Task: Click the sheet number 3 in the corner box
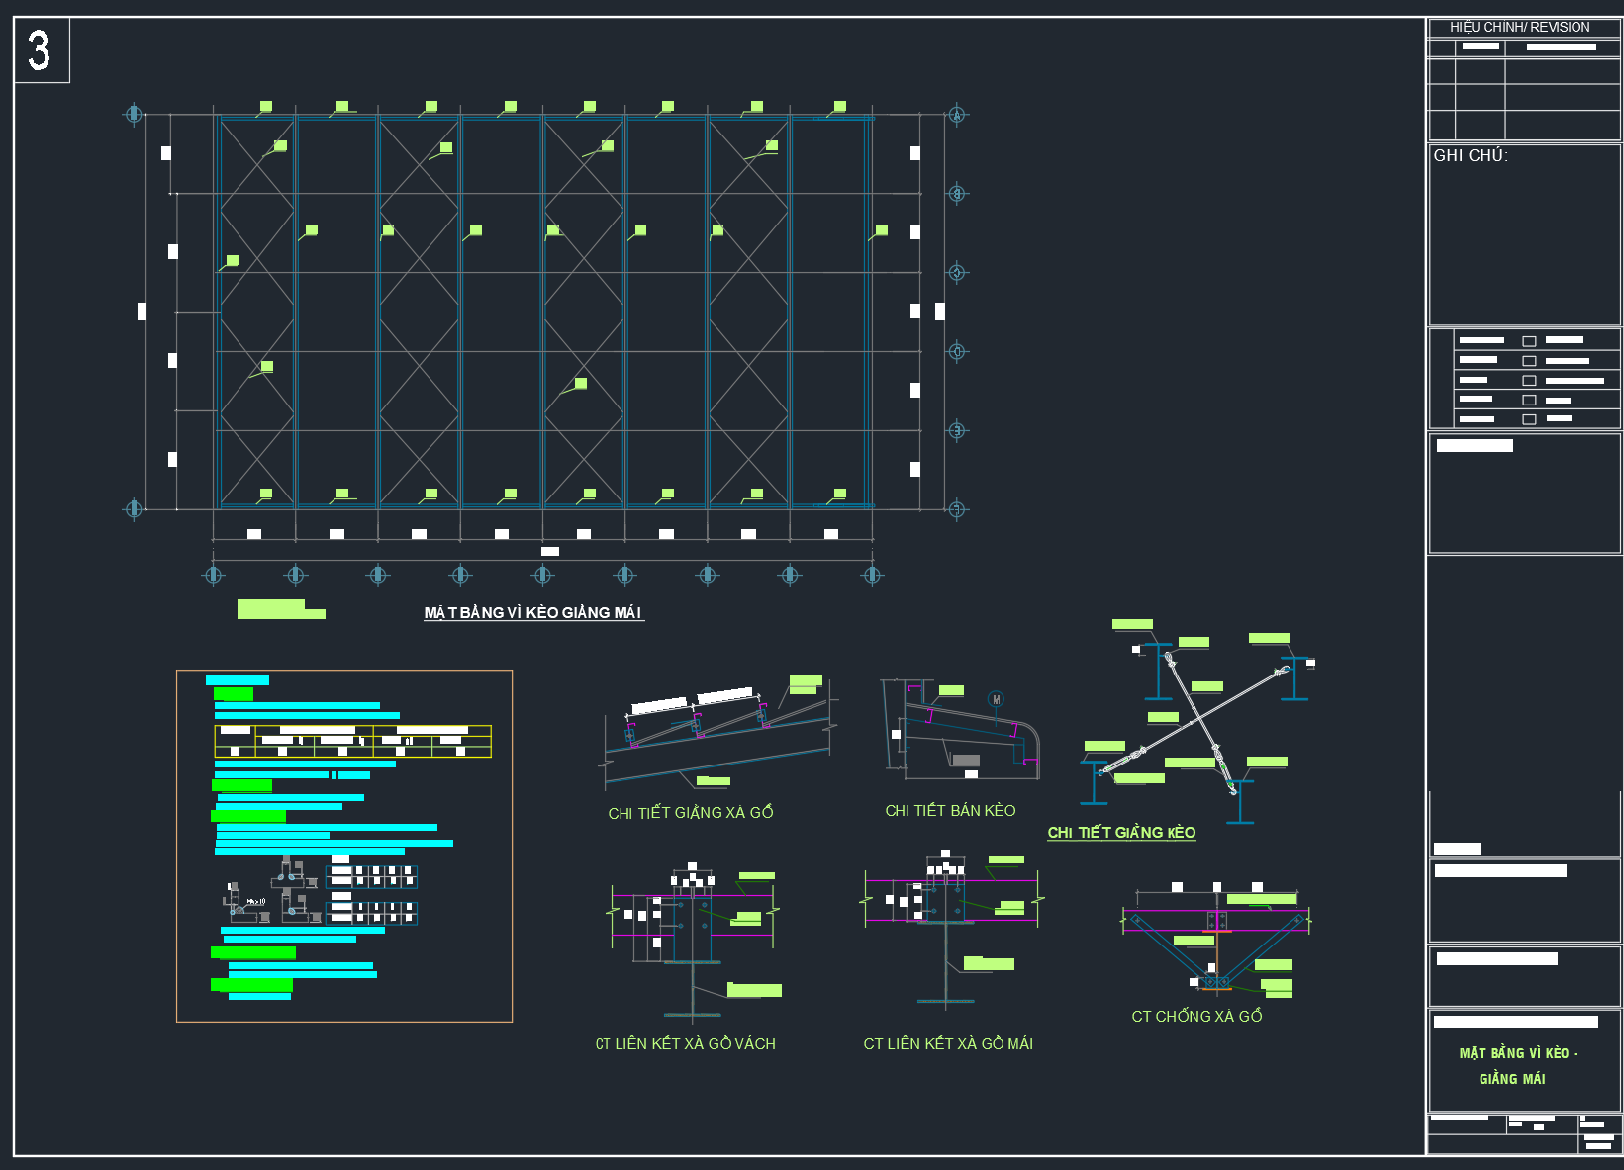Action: point(39,49)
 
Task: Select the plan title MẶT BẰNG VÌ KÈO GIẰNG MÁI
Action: point(532,613)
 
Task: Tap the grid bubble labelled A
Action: point(956,115)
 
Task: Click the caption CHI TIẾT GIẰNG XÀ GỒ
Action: point(690,813)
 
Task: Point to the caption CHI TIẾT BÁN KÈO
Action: point(950,811)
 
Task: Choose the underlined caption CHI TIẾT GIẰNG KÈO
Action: point(1121,833)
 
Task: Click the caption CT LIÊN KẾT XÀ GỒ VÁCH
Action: point(685,1044)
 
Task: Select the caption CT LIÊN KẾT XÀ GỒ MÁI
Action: point(948,1044)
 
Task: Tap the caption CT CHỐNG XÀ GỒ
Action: point(1196,1017)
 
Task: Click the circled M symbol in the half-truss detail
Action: point(996,700)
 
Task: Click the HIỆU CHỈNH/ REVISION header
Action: point(1519,28)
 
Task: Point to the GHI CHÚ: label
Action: point(1470,156)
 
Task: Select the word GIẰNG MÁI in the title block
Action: point(1512,1079)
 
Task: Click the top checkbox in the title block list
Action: point(1529,341)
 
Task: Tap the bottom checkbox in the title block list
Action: point(1529,419)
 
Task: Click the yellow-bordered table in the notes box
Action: point(352,741)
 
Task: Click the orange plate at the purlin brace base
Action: point(1217,988)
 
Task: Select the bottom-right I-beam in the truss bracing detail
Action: point(1240,802)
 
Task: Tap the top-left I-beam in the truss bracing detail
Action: point(1158,672)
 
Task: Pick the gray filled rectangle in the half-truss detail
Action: point(965,760)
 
